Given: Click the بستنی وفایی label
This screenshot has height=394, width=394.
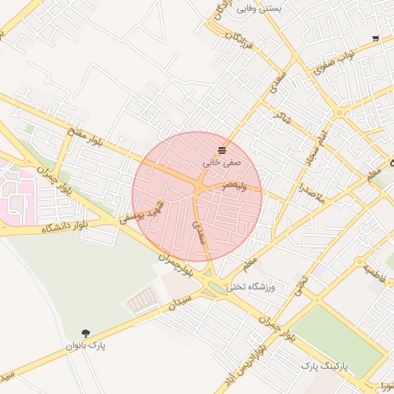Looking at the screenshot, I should coord(259,8).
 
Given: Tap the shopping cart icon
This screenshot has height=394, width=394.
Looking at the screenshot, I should coord(376,38).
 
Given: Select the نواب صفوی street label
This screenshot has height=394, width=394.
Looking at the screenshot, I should coord(334,61).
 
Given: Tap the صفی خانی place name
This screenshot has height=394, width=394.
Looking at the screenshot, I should coord(222,163).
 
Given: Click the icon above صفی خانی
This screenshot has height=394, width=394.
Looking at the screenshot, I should coord(222,149).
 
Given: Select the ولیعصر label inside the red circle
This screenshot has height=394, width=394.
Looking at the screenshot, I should coord(234,186).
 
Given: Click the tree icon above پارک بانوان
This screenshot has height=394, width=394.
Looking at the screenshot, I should coord(85,332).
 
